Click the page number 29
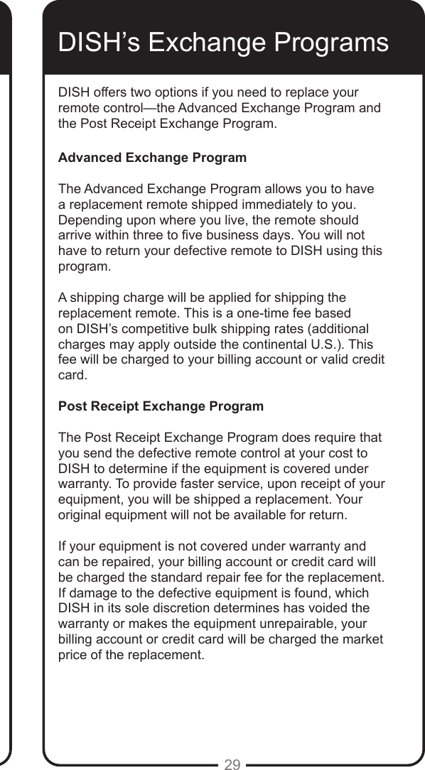232,764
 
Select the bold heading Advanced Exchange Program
152,157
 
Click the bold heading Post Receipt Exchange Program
160,406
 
